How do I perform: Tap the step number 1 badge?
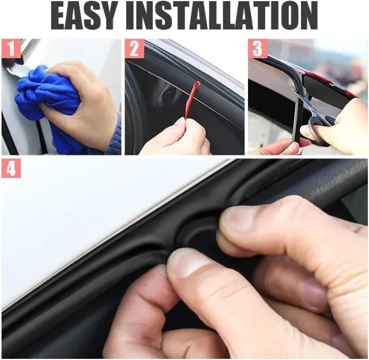[11, 49]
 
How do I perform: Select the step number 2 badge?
[134, 49]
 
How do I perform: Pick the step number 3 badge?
[258, 49]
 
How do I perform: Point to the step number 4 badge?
[11, 168]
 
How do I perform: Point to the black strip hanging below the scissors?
[295, 122]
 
